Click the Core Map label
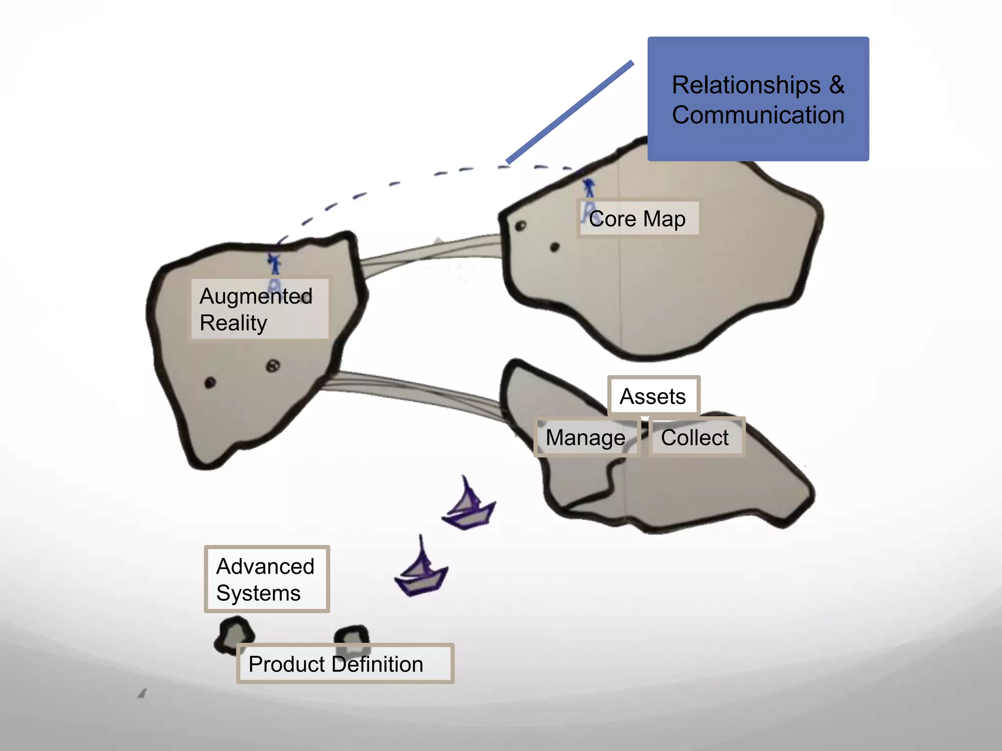tap(637, 219)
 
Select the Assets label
tap(653, 396)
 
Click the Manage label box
tap(586, 438)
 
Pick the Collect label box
tap(695, 437)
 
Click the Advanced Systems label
tap(267, 579)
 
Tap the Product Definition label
tap(344, 664)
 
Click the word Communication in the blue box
tap(758, 115)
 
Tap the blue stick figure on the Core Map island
tap(589, 189)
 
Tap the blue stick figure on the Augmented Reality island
tap(274, 264)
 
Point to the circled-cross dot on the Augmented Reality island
tap(273, 366)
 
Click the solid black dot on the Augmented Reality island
tap(210, 382)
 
